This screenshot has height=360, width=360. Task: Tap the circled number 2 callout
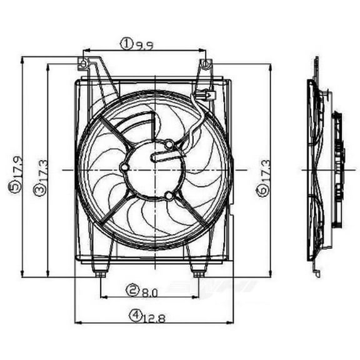pyautogui.click(x=132, y=290)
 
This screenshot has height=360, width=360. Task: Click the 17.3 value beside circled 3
pyautogui.click(x=39, y=167)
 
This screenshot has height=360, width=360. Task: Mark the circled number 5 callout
pyautogui.click(x=14, y=188)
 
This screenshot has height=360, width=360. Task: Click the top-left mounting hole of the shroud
pyautogui.click(x=82, y=62)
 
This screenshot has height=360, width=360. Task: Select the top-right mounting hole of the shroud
pyautogui.click(x=206, y=63)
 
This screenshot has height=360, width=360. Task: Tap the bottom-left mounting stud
pyautogui.click(x=99, y=272)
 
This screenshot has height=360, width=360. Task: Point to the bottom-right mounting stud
pyautogui.click(x=198, y=272)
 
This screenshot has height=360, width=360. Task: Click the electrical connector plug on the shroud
pyautogui.click(x=205, y=96)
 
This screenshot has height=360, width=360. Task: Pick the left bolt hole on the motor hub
pyautogui.click(x=124, y=169)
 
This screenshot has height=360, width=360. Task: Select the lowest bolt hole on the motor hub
pyautogui.click(x=168, y=196)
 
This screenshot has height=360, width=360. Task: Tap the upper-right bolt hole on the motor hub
pyautogui.click(x=168, y=145)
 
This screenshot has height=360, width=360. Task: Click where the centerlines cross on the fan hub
pyautogui.click(x=154, y=169)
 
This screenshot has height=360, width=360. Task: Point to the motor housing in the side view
pyautogui.click(x=338, y=169)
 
